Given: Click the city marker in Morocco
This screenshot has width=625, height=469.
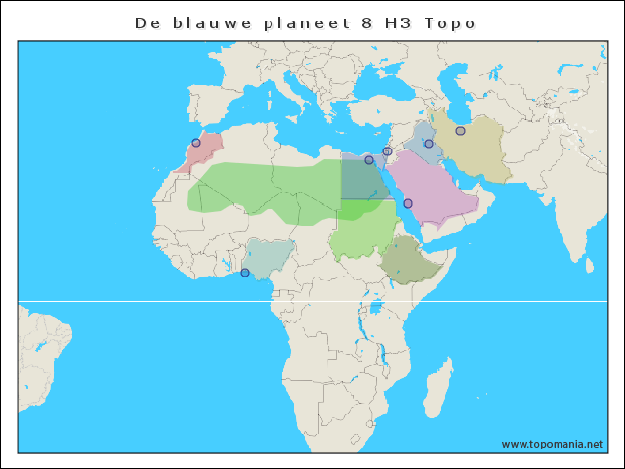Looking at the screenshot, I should tap(196, 143).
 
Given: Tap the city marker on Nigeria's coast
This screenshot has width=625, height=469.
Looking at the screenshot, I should tap(245, 273).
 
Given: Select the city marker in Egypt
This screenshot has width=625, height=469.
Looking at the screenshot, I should tap(369, 160).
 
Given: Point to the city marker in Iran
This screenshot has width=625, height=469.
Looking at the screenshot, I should tap(460, 131).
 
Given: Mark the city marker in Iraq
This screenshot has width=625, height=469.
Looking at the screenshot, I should tap(428, 144).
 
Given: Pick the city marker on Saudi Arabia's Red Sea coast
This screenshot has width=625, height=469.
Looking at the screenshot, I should tap(408, 203).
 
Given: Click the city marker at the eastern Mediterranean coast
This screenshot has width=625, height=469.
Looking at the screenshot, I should tap(387, 151).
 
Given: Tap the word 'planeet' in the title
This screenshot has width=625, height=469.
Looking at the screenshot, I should tap(298, 21).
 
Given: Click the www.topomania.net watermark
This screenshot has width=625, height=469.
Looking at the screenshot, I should tap(552, 444).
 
